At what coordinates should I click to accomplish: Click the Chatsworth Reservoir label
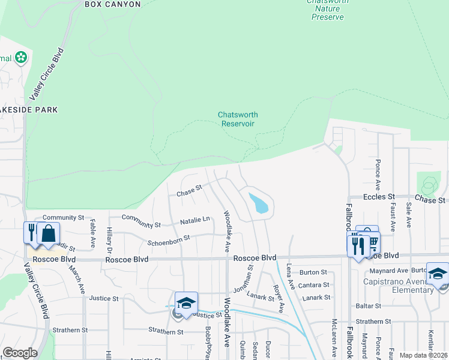tap(236, 119)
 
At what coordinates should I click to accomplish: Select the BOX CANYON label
tap(113, 4)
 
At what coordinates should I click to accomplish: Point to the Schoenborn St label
tap(169, 239)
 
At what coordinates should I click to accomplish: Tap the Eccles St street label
tap(379, 196)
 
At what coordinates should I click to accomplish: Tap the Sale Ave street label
tap(409, 214)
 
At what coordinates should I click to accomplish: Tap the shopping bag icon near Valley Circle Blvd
tap(49, 233)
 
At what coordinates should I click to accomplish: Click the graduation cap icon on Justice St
tap(186, 302)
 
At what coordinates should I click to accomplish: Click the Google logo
tap(20, 353)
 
